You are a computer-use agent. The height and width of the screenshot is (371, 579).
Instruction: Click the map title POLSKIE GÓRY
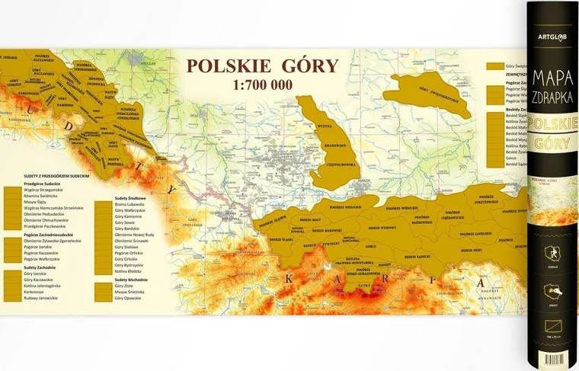coord(263,66)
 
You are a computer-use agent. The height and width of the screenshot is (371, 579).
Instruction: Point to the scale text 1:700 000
coord(263,85)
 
